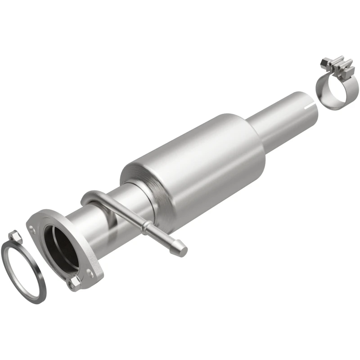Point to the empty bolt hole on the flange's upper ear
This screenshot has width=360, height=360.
point(33,229)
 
